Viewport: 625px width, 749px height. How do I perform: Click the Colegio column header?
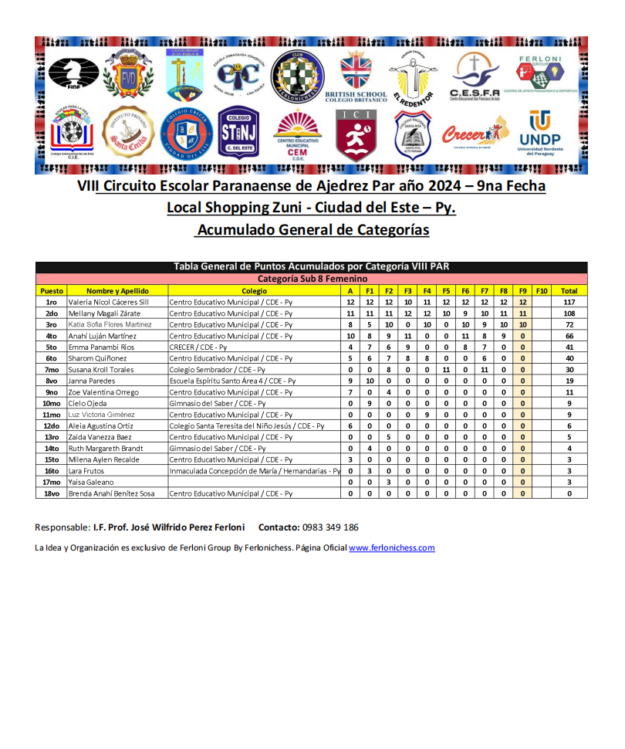point(254,290)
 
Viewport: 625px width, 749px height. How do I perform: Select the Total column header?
point(569,290)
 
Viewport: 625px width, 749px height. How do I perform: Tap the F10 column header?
point(542,290)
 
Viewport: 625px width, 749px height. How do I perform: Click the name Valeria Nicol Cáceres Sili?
point(108,302)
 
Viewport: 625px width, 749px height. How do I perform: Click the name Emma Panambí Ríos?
point(102,347)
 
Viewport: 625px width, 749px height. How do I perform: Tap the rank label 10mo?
point(52,403)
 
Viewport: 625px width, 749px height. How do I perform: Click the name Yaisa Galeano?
point(91,482)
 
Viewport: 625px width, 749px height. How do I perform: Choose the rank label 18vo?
point(52,493)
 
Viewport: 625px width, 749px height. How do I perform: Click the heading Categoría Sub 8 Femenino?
point(311,279)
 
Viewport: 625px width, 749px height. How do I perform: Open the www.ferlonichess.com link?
point(391,547)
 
